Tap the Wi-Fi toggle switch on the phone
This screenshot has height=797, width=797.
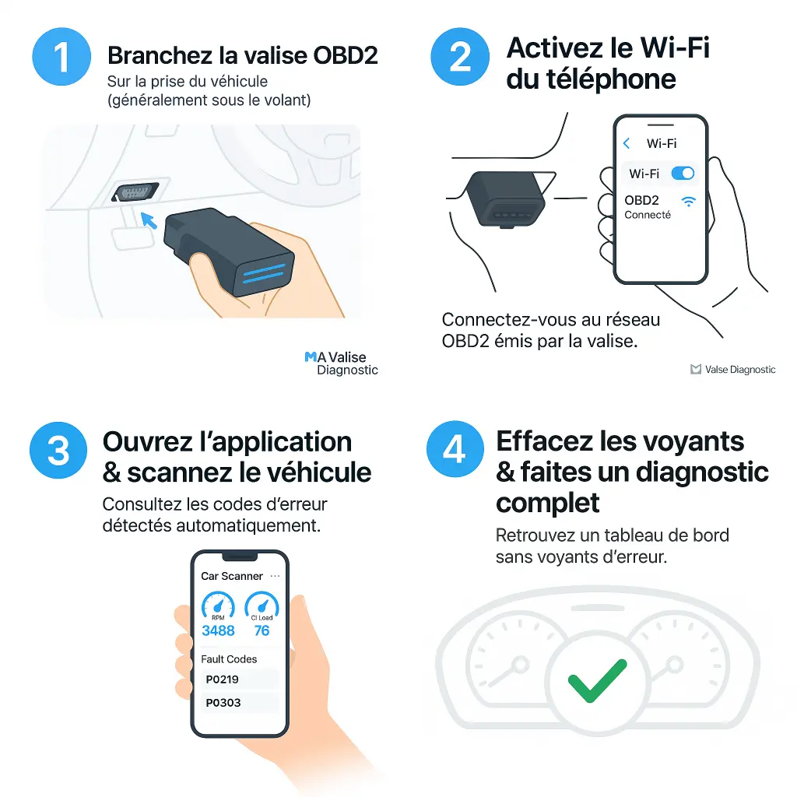click(x=682, y=174)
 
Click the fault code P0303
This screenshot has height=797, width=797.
click(x=223, y=703)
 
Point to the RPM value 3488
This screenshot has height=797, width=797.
click(x=218, y=630)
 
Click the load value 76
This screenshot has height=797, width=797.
click(x=262, y=630)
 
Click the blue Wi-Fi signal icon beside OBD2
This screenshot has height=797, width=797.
click(x=688, y=202)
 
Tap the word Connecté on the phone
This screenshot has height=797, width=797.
click(x=647, y=215)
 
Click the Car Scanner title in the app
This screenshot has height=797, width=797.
click(x=231, y=576)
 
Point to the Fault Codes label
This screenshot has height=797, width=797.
click(x=229, y=658)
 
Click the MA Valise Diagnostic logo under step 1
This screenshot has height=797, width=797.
click(x=341, y=363)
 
